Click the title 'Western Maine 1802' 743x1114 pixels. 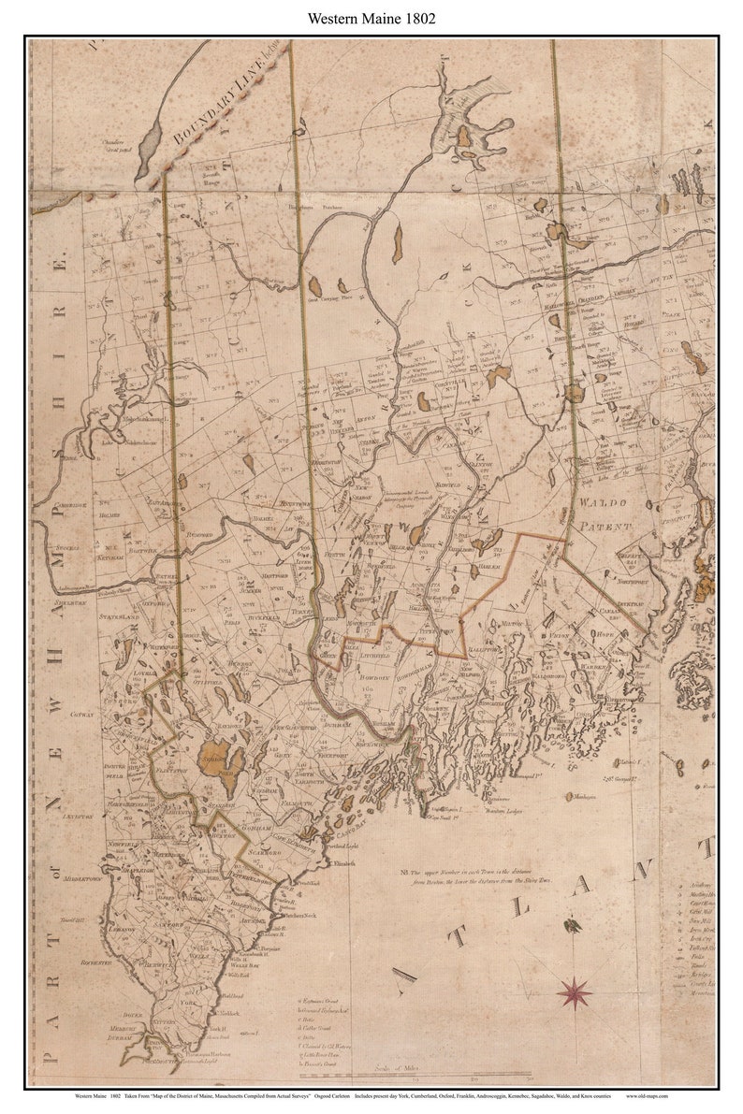(x=371, y=18)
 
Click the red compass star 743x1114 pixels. (x=575, y=991)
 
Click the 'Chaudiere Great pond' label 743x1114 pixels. (x=100, y=144)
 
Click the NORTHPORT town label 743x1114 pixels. (x=630, y=581)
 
